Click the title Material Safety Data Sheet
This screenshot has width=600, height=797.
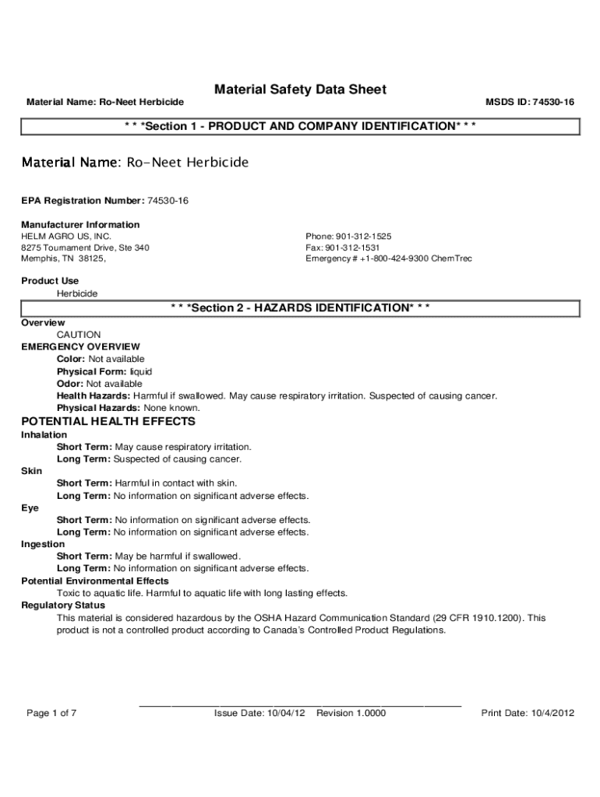[x=300, y=90]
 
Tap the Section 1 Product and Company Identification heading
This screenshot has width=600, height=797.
[x=300, y=126]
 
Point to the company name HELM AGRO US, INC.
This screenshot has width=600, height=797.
[x=66, y=236]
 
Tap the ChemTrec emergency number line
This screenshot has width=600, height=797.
[x=389, y=258]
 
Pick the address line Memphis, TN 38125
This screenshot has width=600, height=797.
[x=62, y=258]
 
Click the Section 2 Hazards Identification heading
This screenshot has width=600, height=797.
[x=300, y=308]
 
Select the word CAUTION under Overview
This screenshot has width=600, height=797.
[x=79, y=335]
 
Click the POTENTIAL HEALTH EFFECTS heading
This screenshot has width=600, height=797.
[x=108, y=422]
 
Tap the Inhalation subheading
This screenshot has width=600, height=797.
[x=44, y=435]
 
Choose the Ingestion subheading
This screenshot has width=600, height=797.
[x=43, y=545]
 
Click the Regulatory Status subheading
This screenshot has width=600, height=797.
[x=63, y=606]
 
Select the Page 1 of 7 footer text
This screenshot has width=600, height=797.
[x=51, y=713]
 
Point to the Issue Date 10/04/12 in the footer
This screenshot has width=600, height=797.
[x=259, y=713]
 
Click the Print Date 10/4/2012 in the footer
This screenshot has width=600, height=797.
[x=528, y=713]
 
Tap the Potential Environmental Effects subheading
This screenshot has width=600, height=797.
[x=94, y=581]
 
